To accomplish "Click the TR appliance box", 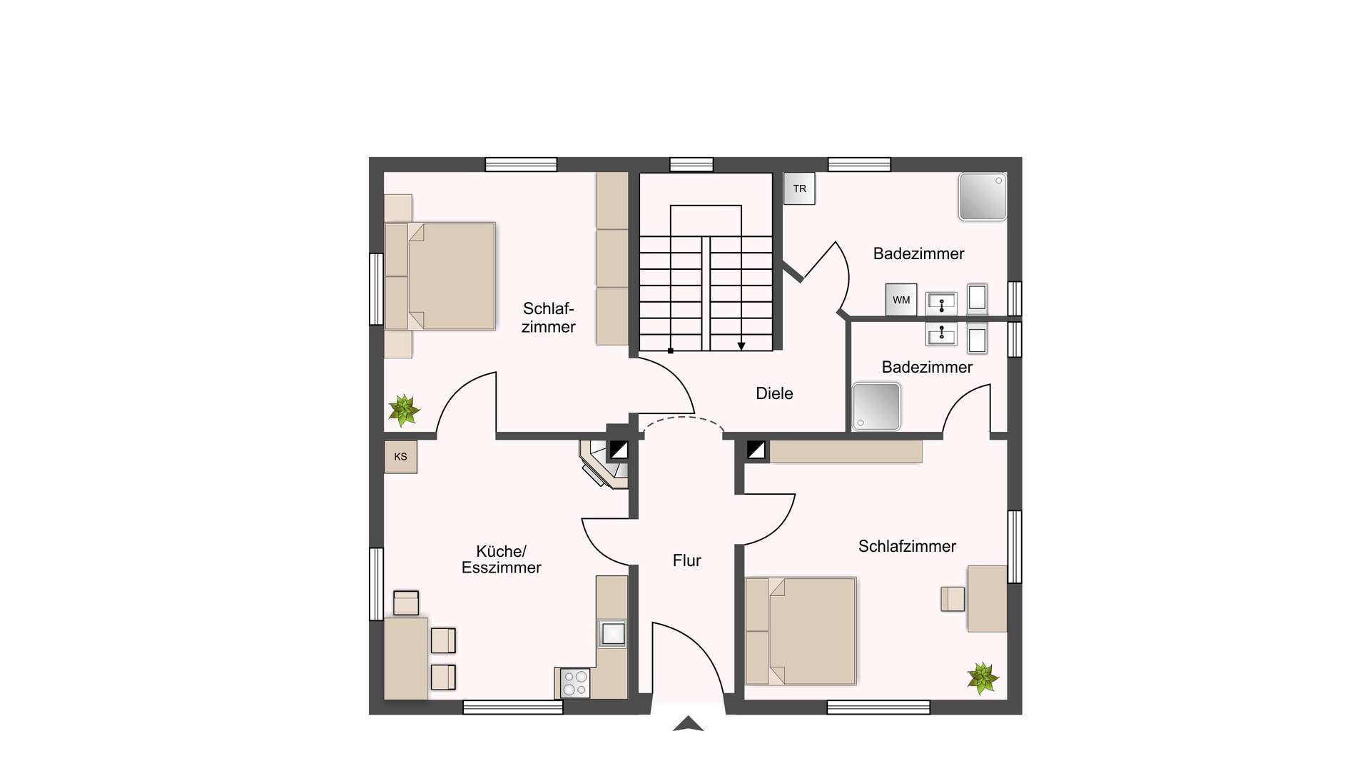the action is [799, 188].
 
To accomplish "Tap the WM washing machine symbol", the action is [901, 300].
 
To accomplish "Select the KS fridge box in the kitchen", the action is [400, 457].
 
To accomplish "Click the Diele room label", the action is [774, 393].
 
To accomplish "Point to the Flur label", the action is [687, 560].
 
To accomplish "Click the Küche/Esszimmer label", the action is [501, 560].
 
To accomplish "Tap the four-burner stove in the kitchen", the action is [575, 682].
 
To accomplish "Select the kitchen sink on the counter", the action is [612, 633].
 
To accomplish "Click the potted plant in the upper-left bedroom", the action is [404, 410].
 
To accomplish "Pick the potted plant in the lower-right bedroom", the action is [983, 677].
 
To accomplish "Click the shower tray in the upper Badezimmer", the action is [983, 196].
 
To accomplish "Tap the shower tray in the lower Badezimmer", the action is [877, 407].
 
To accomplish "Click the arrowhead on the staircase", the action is [741, 346].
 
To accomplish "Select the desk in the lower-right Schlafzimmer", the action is [987, 598].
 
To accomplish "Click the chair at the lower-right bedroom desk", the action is [953, 599].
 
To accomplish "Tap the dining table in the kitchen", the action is [406, 658].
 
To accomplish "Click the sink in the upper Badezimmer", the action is [942, 303].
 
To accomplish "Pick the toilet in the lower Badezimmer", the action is [978, 338].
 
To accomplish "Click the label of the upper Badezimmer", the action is [918, 253].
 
